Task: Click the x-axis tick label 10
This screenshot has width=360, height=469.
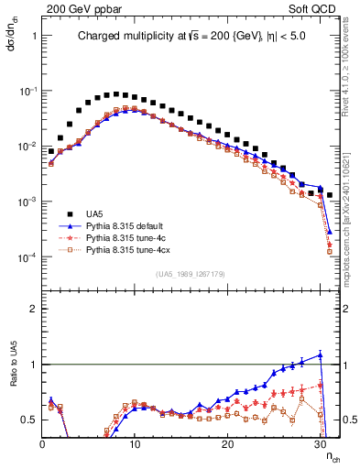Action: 135,445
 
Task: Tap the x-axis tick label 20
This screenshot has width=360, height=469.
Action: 227,445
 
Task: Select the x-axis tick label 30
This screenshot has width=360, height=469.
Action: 320,445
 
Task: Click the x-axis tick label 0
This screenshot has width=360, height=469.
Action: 42,445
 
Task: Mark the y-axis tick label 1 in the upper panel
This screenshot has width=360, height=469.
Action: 33,37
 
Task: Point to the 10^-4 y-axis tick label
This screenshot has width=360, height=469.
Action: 27,257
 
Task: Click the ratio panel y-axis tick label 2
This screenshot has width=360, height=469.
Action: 33,310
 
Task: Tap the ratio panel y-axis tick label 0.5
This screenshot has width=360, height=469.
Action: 29,420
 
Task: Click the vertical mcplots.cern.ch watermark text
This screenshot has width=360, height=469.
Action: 353,234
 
